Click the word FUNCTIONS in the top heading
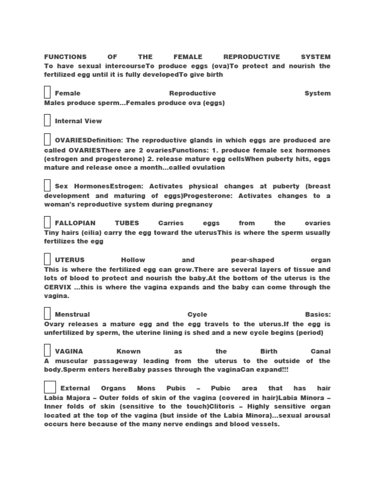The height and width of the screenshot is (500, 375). (x=65, y=57)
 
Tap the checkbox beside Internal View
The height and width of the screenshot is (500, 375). (x=47, y=120)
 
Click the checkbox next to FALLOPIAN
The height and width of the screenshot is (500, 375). (x=47, y=222)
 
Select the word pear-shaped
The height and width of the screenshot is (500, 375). (x=252, y=260)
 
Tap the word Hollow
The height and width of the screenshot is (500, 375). (x=133, y=260)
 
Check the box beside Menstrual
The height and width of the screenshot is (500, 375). (x=47, y=313)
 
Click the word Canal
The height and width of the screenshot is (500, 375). (x=320, y=352)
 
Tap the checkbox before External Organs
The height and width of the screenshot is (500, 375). (x=50, y=387)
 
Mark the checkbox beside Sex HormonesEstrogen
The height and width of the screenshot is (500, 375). (x=47, y=186)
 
